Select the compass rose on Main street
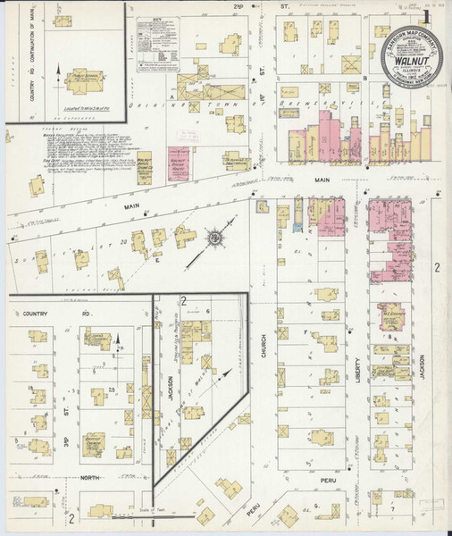tap(215, 239)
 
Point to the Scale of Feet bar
tap(134, 513)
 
